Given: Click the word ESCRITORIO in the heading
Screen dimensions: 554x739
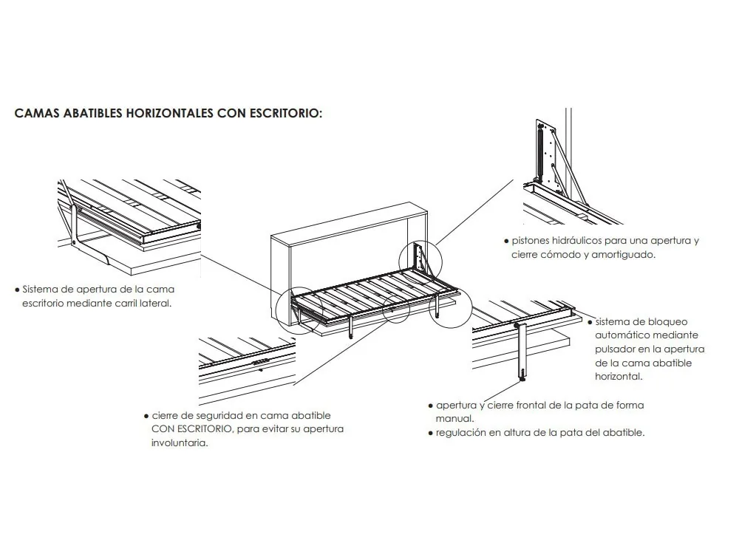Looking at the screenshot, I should click(x=282, y=114).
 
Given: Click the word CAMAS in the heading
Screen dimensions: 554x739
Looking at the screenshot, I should click(x=37, y=114).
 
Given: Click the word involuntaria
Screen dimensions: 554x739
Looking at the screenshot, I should click(x=179, y=443).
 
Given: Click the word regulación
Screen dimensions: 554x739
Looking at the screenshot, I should click(x=461, y=433).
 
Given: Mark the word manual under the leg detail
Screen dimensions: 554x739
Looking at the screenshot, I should click(x=451, y=419).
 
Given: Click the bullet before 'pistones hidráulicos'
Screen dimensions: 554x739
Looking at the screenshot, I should click(x=505, y=242).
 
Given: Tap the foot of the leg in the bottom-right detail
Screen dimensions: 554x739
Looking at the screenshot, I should click(x=522, y=378).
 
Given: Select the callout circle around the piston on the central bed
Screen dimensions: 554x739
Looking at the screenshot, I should click(x=418, y=259).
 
